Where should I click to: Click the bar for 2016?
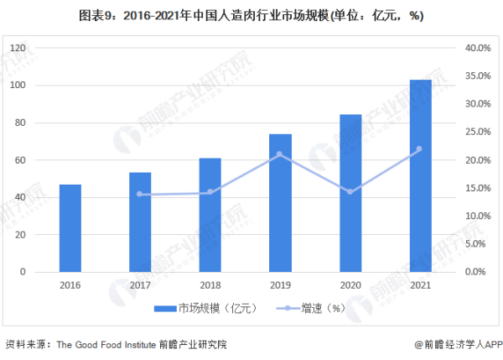pos(70,228)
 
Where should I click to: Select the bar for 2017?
pos(140,222)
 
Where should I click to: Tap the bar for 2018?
pos(210,215)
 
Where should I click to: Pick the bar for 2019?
pos(280,203)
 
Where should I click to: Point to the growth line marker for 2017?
pos(140,195)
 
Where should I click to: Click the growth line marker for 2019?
pos(280,154)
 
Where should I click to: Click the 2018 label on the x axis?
pos(210,284)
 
